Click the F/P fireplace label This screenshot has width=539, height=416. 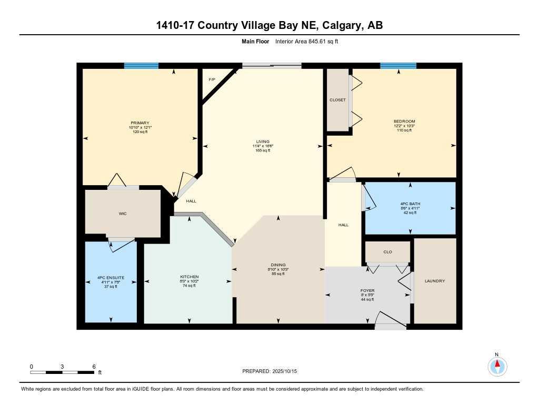[212, 79]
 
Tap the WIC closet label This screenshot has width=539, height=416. [123, 214]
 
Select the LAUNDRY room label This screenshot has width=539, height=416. [435, 281]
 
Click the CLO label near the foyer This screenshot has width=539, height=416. [387, 252]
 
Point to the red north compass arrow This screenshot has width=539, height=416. [497, 364]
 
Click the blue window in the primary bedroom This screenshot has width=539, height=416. [141, 66]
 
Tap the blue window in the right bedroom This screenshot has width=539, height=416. [398, 66]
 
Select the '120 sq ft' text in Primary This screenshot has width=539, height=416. [140, 131]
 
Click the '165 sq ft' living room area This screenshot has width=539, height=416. [262, 150]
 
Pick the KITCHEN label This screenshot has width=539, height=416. [189, 277]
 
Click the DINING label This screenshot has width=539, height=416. [278, 265]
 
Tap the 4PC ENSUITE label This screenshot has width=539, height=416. [110, 278]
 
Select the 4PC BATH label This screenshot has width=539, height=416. [410, 204]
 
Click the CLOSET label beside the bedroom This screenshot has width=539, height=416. [337, 100]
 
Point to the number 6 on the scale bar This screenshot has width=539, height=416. [94, 366]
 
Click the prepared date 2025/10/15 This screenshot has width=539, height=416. [289, 371]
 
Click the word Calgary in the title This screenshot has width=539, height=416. [334, 25]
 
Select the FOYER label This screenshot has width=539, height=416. [367, 290]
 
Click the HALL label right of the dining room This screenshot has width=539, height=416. [343, 225]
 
